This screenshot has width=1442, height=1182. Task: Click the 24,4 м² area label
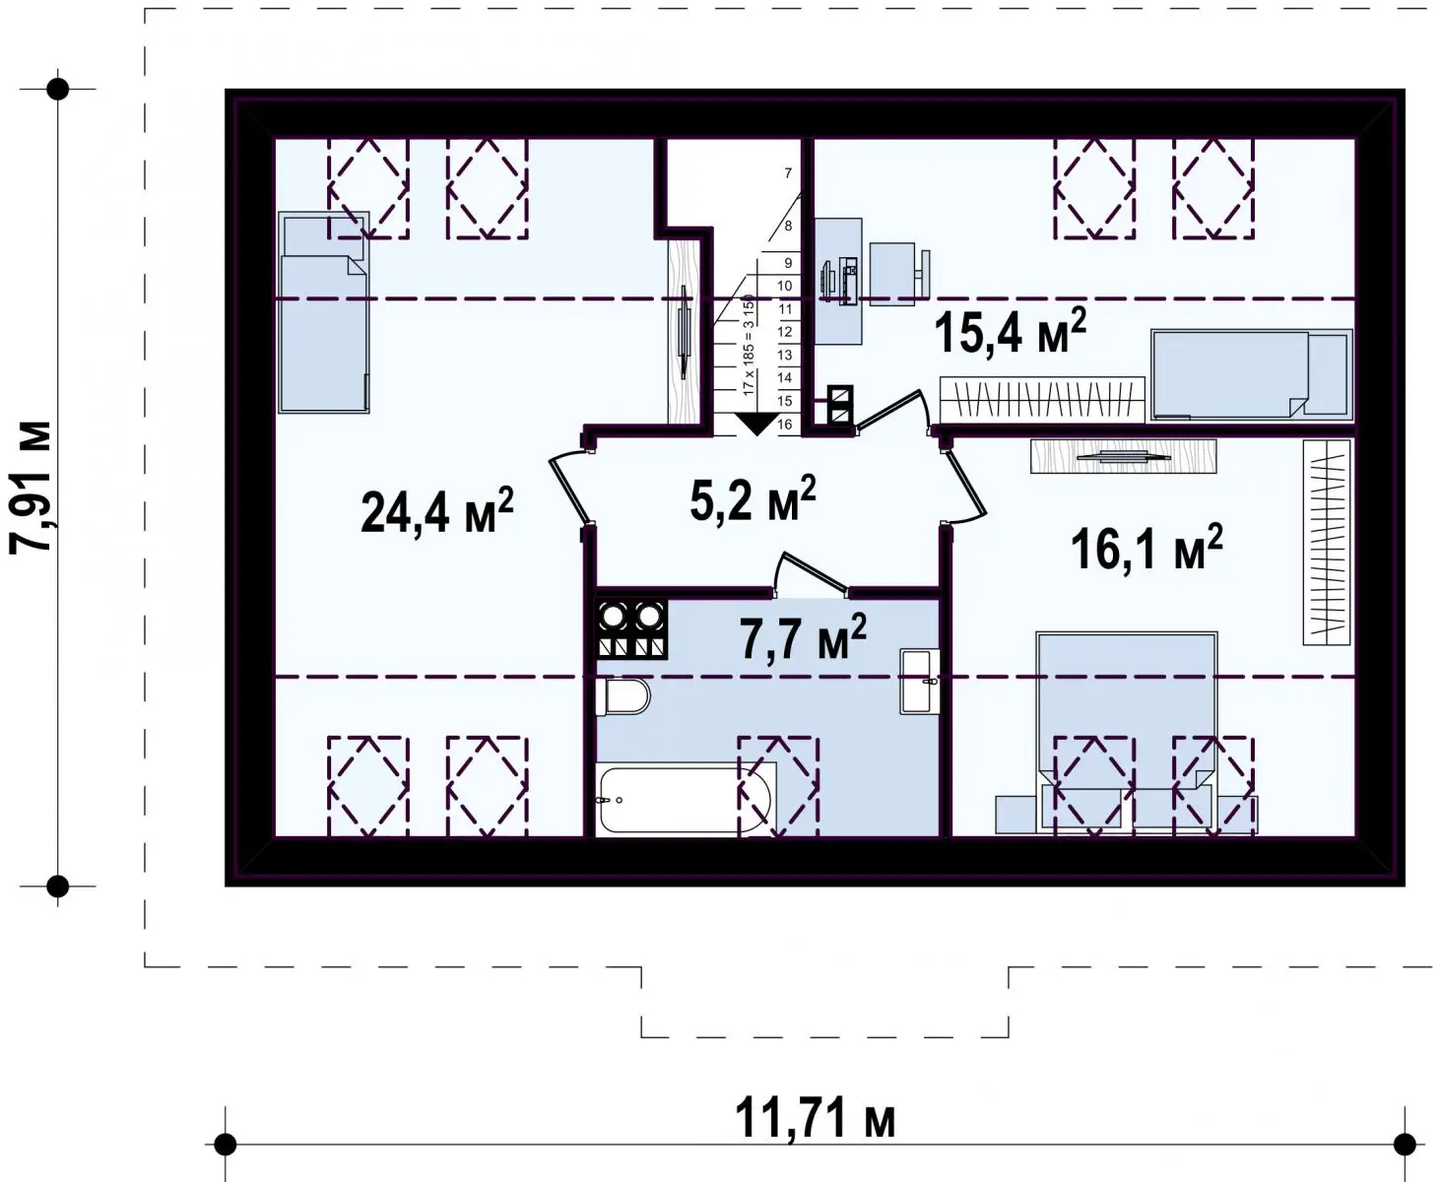[x=436, y=510]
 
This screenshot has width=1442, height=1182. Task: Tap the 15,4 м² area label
[x=1010, y=331]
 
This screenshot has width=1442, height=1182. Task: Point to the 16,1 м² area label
[x=1146, y=548]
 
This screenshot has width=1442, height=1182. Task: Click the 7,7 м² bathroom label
[x=803, y=637]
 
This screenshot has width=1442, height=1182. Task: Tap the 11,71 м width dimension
[x=815, y=1117]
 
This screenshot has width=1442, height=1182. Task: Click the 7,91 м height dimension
[x=31, y=486]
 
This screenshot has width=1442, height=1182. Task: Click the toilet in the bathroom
[x=623, y=696]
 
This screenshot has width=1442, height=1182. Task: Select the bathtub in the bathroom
[x=686, y=799]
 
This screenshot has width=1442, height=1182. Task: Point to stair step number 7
[x=788, y=173]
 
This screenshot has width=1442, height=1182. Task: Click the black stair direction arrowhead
[x=756, y=424]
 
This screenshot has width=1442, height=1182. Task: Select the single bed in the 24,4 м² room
[x=324, y=312]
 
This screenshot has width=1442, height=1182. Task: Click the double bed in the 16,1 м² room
[x=1127, y=732]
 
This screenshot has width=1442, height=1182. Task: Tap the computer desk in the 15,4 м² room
[x=838, y=281]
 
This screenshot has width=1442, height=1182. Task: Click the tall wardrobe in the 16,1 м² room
[x=1327, y=542]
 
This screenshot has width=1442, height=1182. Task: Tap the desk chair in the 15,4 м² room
[x=898, y=273]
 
